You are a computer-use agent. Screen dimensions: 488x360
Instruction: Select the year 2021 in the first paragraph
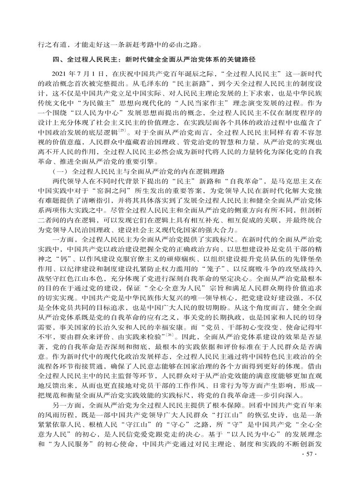coord(61,73)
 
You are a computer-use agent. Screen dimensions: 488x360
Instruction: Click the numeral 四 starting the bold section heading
coord(57,59)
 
